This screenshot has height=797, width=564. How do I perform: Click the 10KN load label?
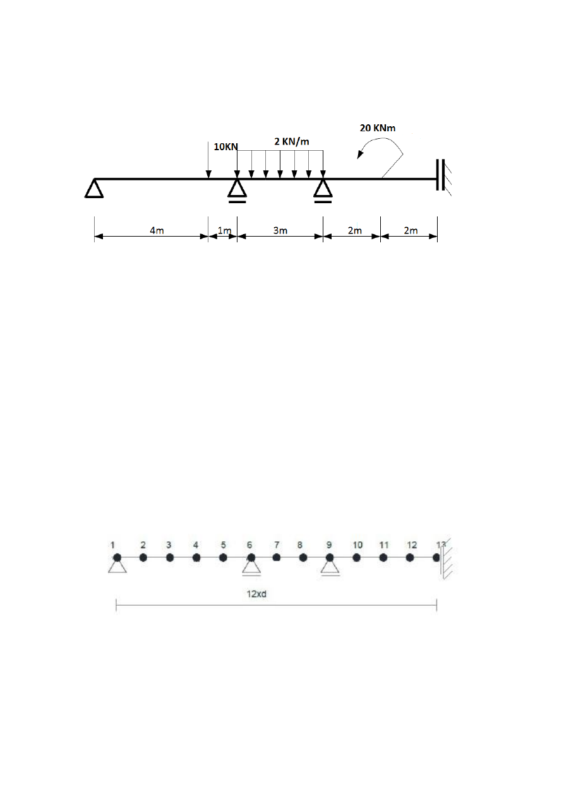pos(225,146)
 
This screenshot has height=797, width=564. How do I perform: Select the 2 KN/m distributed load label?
pos(292,141)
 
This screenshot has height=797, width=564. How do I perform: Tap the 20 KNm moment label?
pos(378,128)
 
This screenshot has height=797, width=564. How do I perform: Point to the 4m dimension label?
pos(157,230)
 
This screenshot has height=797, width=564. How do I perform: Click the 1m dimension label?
pos(224,230)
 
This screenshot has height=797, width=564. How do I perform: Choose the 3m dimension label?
pos(280,230)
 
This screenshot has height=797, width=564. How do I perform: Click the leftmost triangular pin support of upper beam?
pos(94,188)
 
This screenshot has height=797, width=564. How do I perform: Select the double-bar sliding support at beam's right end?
pos(441,175)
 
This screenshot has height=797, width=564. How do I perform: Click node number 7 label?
pos(277,545)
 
